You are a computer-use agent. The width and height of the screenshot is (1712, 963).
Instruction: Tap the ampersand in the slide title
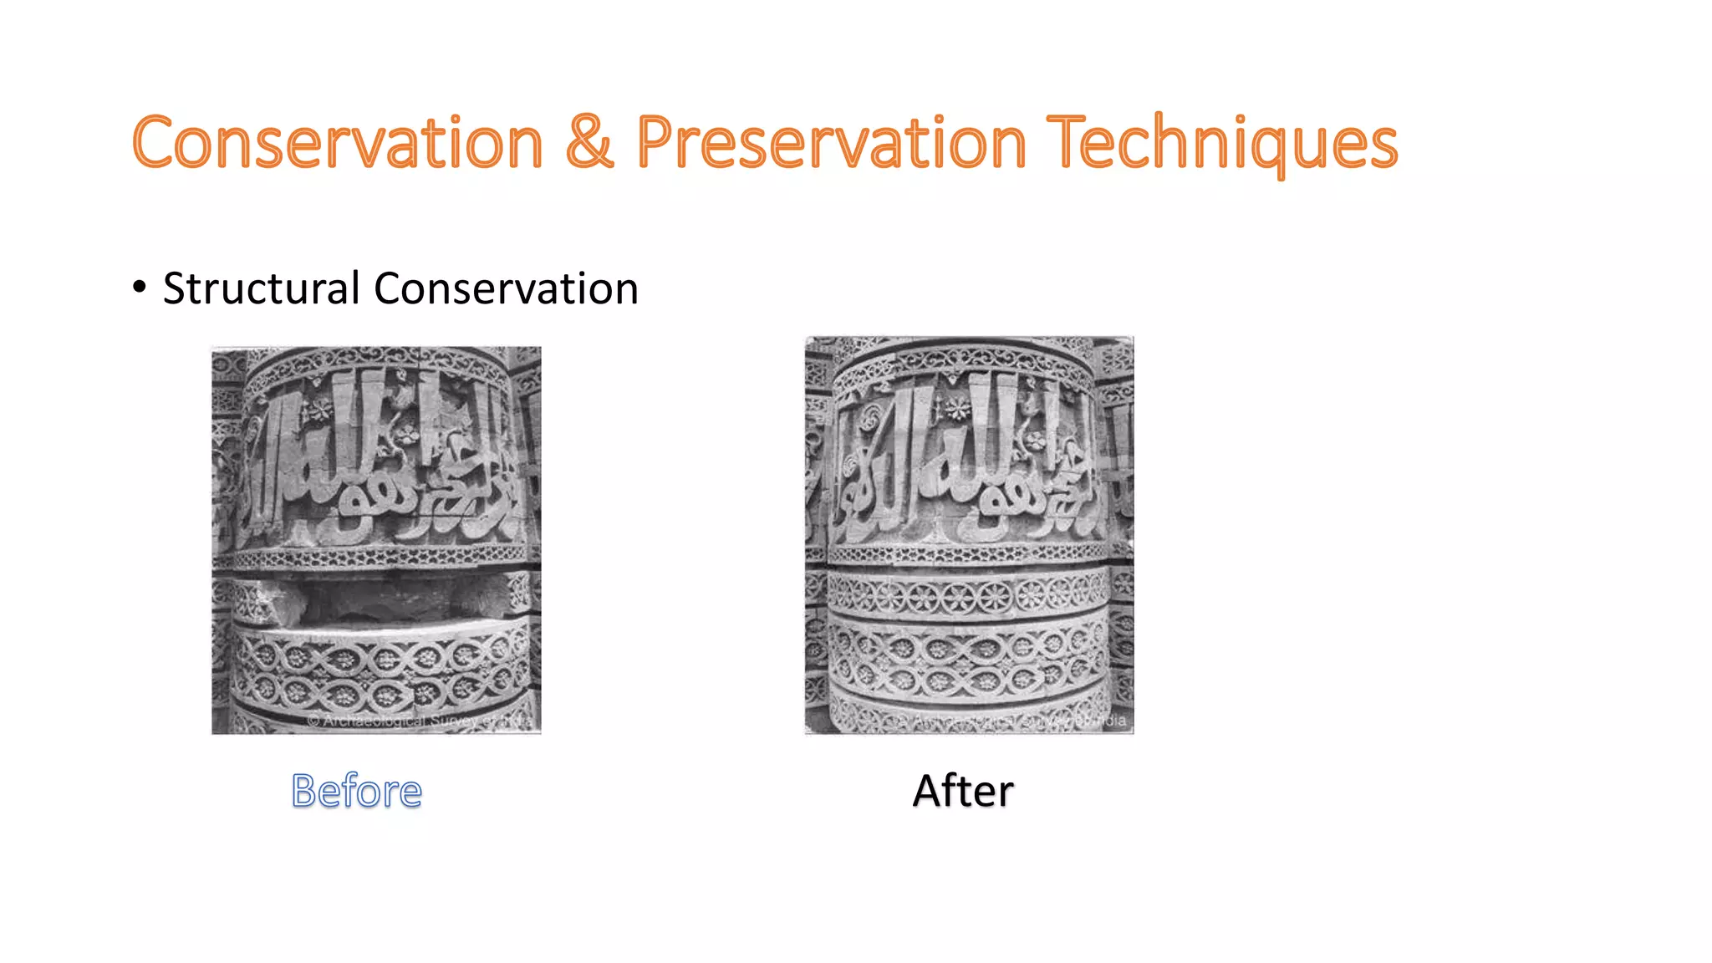[x=589, y=142]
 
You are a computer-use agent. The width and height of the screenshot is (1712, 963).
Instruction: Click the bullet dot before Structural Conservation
[x=139, y=288]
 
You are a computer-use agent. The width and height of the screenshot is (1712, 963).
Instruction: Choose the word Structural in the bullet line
[x=262, y=289]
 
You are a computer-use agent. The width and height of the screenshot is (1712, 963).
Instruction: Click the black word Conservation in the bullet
[x=506, y=289]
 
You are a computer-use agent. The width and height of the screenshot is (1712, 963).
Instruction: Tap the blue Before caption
[x=357, y=791]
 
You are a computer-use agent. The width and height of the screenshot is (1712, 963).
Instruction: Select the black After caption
[x=963, y=791]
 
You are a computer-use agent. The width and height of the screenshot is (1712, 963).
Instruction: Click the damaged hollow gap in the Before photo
[x=376, y=599]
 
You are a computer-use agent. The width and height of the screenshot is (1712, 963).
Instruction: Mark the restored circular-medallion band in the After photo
[x=968, y=595]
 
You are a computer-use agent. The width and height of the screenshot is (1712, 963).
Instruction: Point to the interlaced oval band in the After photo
[x=968, y=660]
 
